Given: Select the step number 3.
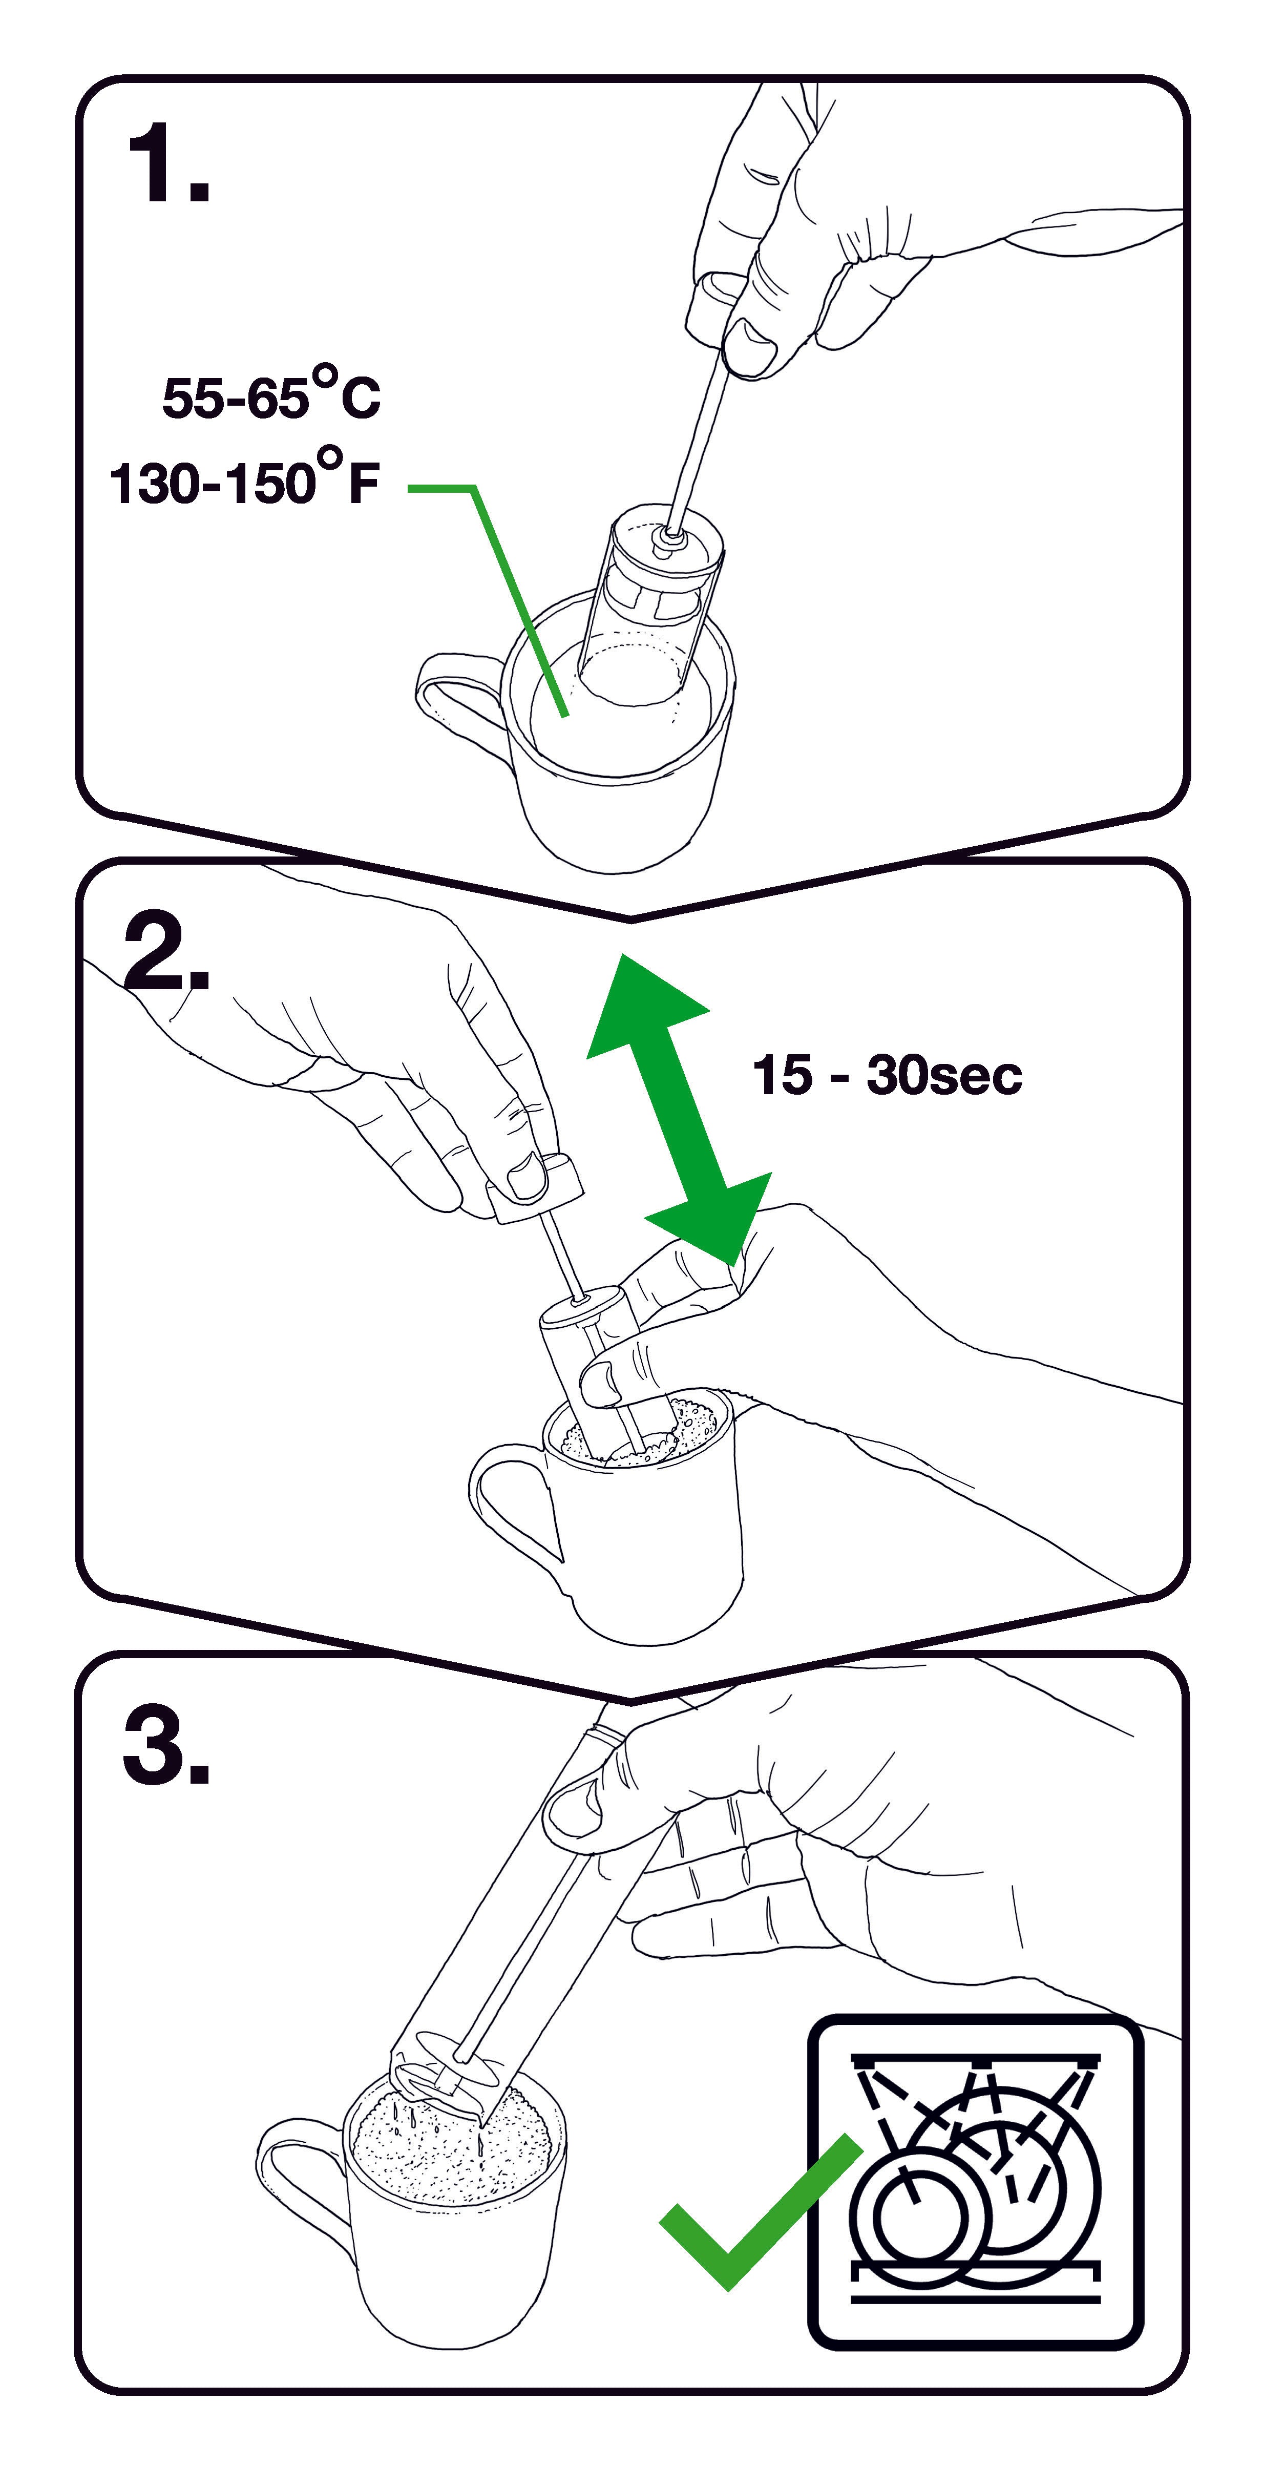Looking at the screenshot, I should tap(166, 1746).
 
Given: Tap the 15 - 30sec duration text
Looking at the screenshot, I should tap(887, 1075).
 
